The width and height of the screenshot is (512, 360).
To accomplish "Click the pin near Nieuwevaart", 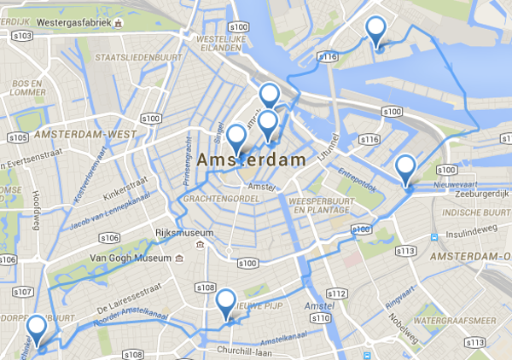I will point(407,170).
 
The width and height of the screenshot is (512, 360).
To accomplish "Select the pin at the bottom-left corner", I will point(37,330).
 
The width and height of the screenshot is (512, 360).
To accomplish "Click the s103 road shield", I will point(23,36).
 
